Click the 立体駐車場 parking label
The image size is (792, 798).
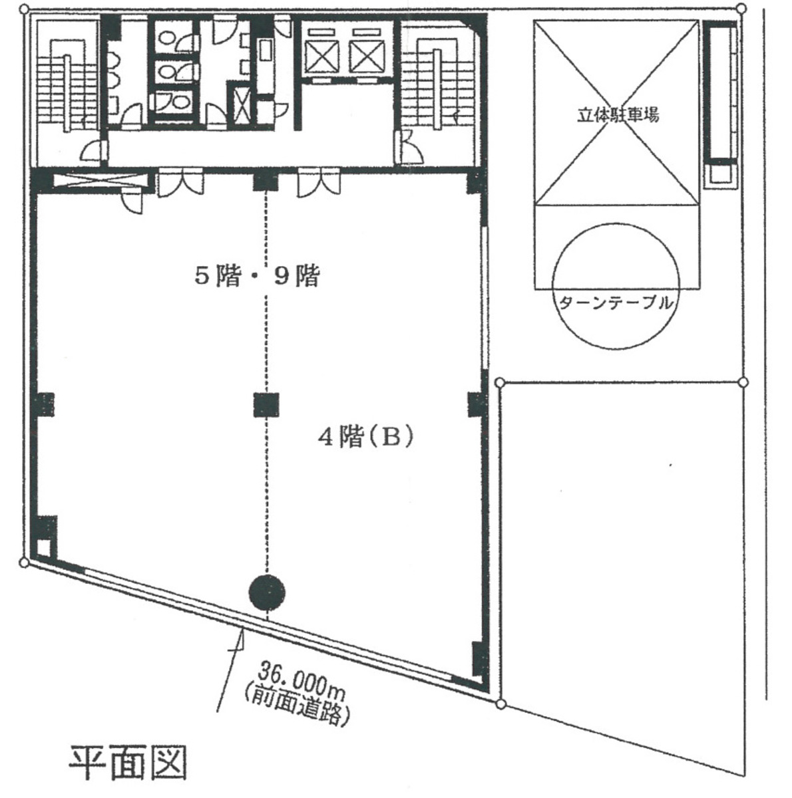click(618, 115)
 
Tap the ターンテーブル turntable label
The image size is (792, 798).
click(616, 303)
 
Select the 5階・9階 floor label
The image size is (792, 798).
click(257, 276)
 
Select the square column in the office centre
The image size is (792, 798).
click(267, 405)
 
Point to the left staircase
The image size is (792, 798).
click(67, 86)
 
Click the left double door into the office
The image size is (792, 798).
click(180, 184)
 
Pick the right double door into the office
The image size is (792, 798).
click(319, 184)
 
